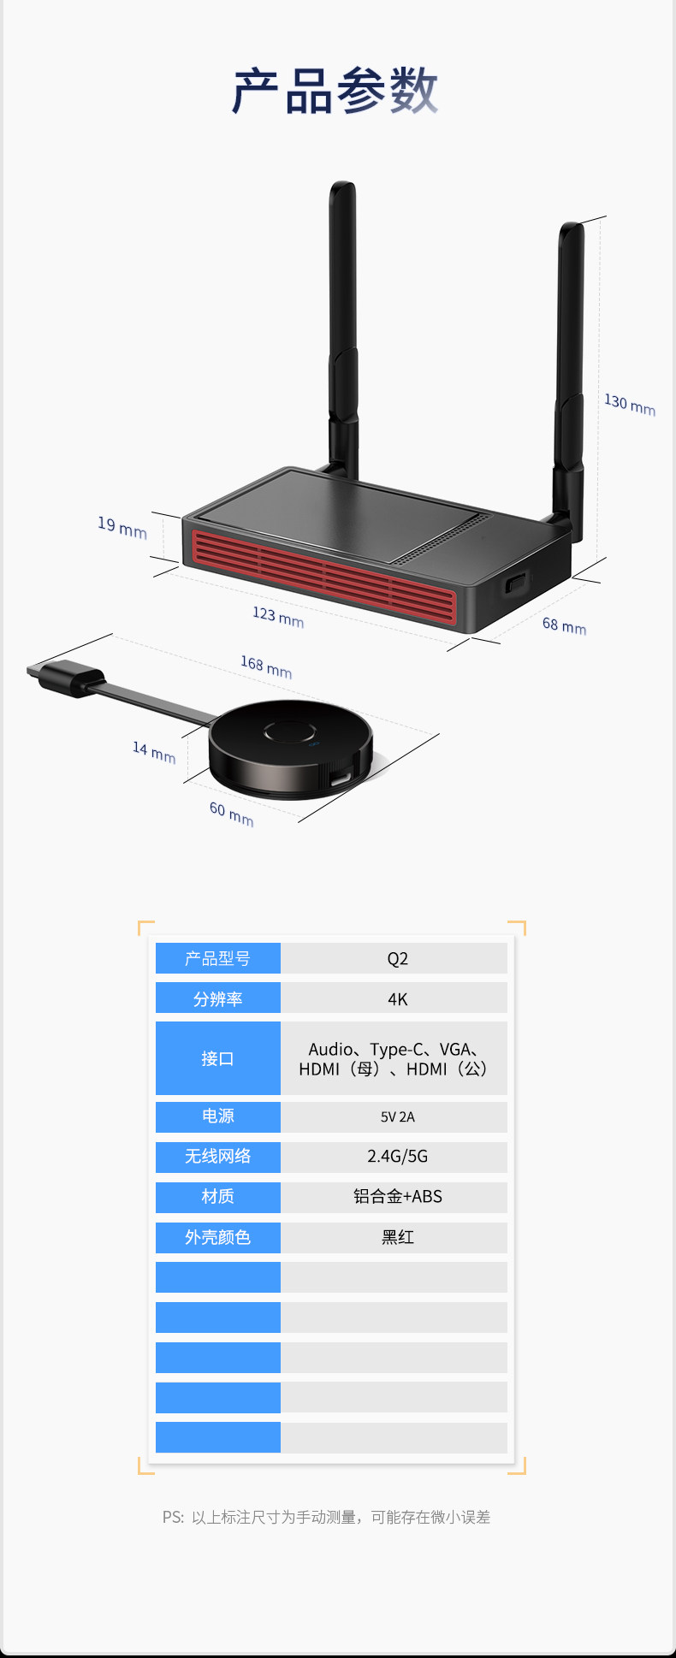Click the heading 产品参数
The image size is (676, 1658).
click(x=335, y=91)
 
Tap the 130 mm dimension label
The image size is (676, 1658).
click(x=629, y=405)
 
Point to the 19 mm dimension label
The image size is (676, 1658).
click(x=122, y=527)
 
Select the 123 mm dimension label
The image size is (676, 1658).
click(x=278, y=616)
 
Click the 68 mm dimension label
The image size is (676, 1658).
click(x=564, y=625)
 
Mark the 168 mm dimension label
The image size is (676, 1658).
click(x=266, y=666)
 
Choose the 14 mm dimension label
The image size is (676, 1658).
click(x=154, y=752)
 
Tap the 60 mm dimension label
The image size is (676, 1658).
click(x=231, y=814)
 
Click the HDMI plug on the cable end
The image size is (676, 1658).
click(x=65, y=677)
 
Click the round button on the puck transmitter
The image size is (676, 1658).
click(x=290, y=733)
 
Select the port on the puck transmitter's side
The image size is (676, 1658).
click(x=341, y=779)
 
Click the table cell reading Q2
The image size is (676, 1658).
click(x=397, y=958)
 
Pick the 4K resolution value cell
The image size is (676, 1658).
click(x=397, y=998)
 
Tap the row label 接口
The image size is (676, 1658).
click(x=217, y=1058)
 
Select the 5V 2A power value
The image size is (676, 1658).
click(x=397, y=1116)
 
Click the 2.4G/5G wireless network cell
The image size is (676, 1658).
click(x=397, y=1157)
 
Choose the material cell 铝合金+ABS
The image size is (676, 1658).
click(x=397, y=1197)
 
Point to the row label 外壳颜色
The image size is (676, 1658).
click(x=217, y=1237)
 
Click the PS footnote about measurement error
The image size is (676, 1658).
click(x=327, y=1517)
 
